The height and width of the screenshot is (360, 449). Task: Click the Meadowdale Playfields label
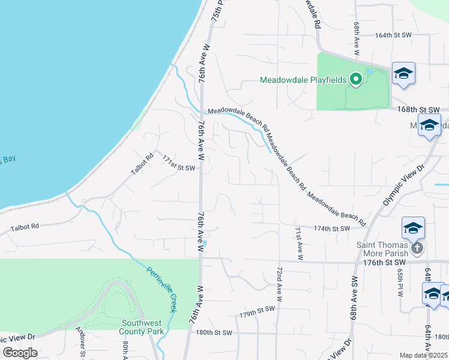[304, 80]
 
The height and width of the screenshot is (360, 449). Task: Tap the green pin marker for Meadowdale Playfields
[356, 79]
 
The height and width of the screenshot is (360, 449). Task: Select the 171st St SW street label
[179, 163]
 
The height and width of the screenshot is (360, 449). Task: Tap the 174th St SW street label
[331, 229]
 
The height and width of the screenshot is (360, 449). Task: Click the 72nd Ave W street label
[279, 284]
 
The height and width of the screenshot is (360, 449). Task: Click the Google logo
[19, 353]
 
